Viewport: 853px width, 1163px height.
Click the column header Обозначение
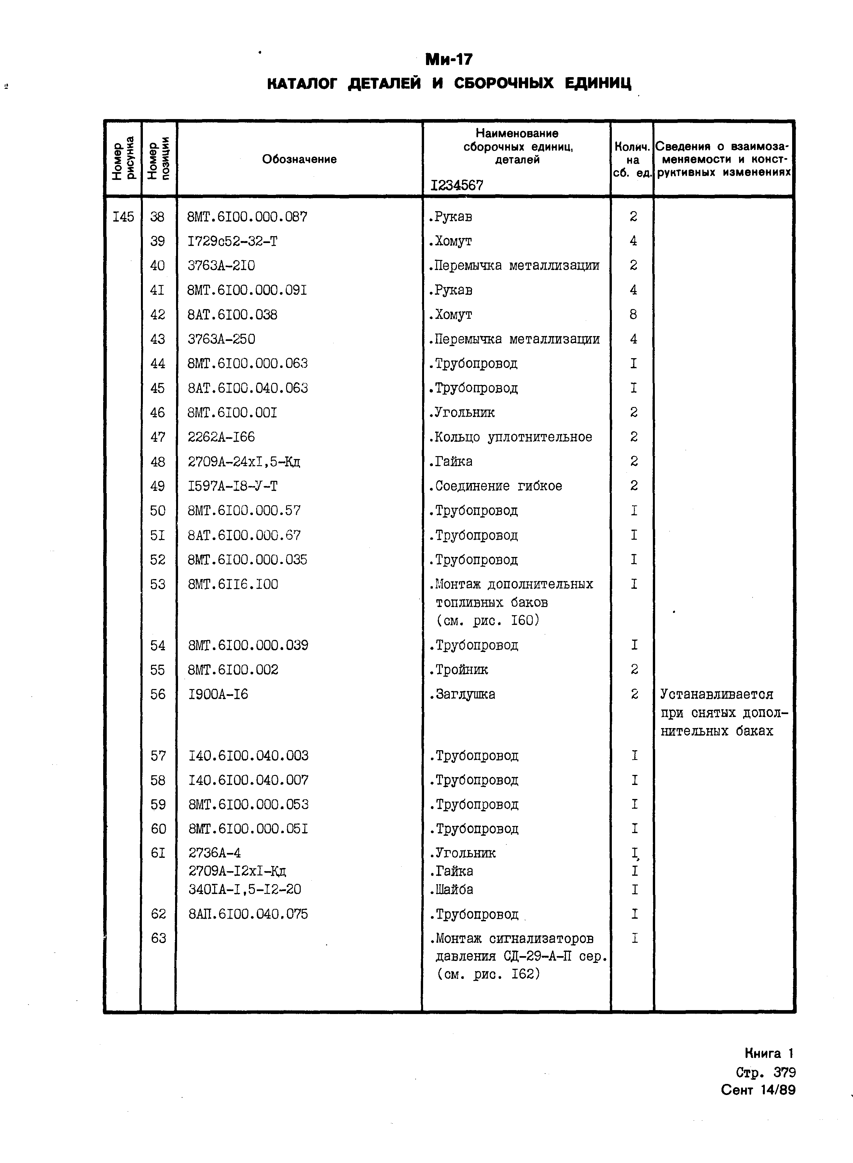[x=299, y=159]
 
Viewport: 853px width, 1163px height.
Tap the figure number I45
[x=123, y=217]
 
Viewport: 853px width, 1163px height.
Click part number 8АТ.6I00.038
[x=232, y=314]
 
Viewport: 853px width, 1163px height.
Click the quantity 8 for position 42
[x=633, y=314]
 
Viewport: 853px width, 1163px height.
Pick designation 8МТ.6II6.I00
[x=233, y=584]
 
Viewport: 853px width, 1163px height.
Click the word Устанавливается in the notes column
[x=717, y=694]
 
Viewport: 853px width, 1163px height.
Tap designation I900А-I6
[x=218, y=694]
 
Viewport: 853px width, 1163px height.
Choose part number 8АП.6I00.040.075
[x=248, y=914]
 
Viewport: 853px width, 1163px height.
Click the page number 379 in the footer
[x=784, y=1072]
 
